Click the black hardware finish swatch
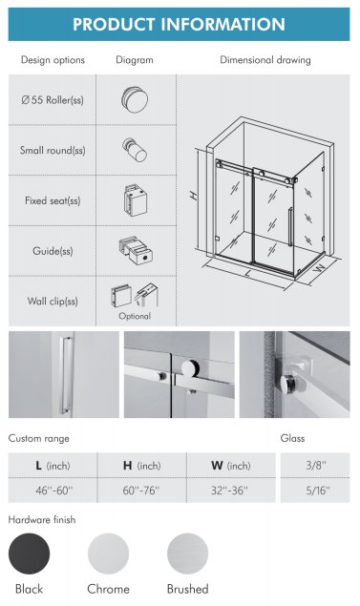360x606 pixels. (x=29, y=554)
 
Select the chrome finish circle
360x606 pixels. (x=108, y=554)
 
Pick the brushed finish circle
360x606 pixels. (x=187, y=554)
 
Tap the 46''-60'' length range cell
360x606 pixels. (x=53, y=491)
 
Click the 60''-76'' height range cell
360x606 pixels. (x=141, y=491)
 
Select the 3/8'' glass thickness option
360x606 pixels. (x=315, y=465)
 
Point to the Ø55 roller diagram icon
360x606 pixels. (x=135, y=99)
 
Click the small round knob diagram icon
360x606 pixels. (x=135, y=150)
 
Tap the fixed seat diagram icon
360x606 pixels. (x=136, y=200)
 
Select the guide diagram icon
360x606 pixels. (x=136, y=250)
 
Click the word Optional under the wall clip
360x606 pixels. (x=135, y=316)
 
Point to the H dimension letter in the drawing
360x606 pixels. (x=194, y=196)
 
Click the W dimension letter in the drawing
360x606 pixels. (x=319, y=268)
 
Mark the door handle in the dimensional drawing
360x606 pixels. (x=290, y=227)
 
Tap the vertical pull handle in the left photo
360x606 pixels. (x=67, y=375)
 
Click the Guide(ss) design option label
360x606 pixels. (x=53, y=251)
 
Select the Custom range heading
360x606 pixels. (x=38, y=438)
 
